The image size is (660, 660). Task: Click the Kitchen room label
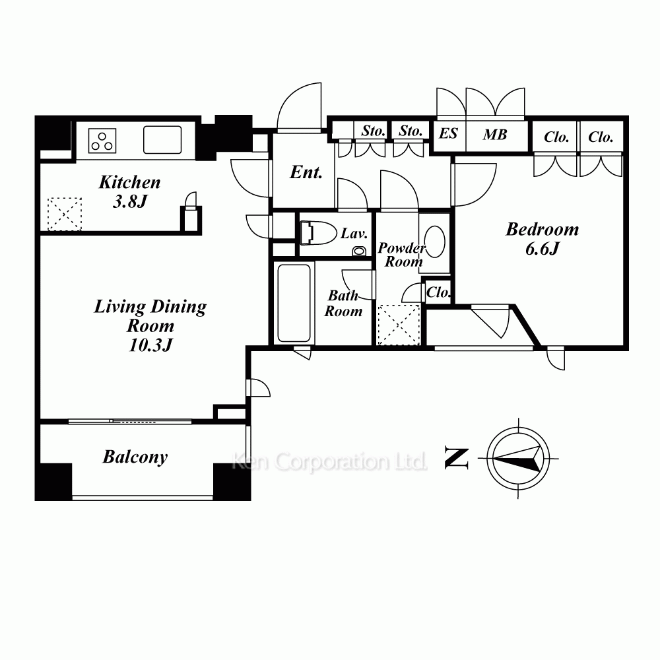[129, 182]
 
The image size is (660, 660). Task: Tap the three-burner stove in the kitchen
[102, 141]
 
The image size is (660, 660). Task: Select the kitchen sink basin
[162, 140]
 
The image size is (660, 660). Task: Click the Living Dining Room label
[150, 315]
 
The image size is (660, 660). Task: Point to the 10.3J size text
[150, 345]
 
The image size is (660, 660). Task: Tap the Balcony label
[135, 457]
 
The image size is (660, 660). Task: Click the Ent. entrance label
[306, 172]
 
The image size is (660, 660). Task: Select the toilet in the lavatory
[319, 233]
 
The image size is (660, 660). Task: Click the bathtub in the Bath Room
[294, 303]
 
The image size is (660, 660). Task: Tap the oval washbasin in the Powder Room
[434, 242]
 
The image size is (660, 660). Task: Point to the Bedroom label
[542, 230]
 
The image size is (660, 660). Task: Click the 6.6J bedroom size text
[542, 249]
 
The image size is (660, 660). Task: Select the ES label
[448, 133]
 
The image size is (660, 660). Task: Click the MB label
[495, 135]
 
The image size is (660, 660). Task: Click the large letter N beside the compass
[457, 459]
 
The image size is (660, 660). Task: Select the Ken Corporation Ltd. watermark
[329, 462]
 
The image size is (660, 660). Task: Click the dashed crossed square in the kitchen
[65, 214]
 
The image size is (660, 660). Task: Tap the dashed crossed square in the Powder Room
[399, 325]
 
